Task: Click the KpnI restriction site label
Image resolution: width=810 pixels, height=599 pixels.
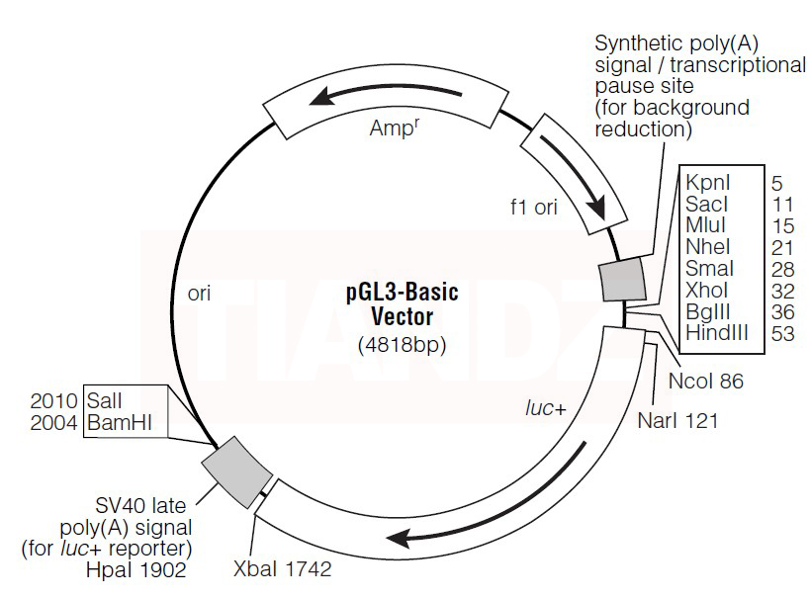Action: point(706,182)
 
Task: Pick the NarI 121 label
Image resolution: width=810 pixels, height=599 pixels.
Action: point(677,421)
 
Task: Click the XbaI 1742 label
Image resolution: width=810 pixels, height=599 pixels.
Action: point(282,570)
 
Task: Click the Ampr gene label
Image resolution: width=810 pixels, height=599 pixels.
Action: point(393,128)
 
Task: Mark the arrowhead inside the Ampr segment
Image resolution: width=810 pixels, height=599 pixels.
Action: point(316,97)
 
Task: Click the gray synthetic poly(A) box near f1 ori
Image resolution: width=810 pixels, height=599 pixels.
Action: point(623,279)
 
